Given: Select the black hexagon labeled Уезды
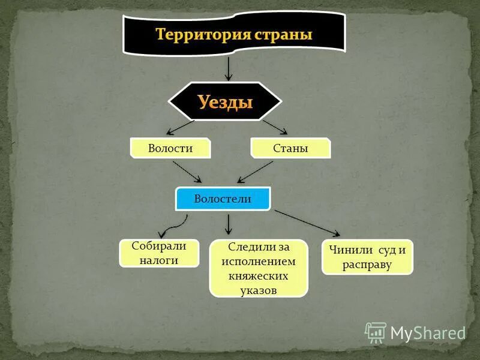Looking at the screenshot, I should (x=225, y=101).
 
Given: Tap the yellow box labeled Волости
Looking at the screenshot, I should (x=170, y=148).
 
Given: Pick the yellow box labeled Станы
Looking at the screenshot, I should (x=290, y=148).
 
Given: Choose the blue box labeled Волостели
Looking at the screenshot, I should (x=223, y=199).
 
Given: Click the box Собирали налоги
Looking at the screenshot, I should (x=159, y=253).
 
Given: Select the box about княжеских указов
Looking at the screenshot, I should (x=258, y=268).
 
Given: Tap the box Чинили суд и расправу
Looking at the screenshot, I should (x=367, y=257).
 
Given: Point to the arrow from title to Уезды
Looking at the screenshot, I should (x=228, y=68).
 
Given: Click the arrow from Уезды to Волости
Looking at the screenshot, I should (x=180, y=127).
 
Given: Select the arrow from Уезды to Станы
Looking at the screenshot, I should (x=275, y=127).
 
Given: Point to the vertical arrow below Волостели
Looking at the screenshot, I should (x=228, y=224).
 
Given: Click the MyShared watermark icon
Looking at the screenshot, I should (x=376, y=332).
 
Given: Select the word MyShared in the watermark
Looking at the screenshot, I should (x=428, y=333).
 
